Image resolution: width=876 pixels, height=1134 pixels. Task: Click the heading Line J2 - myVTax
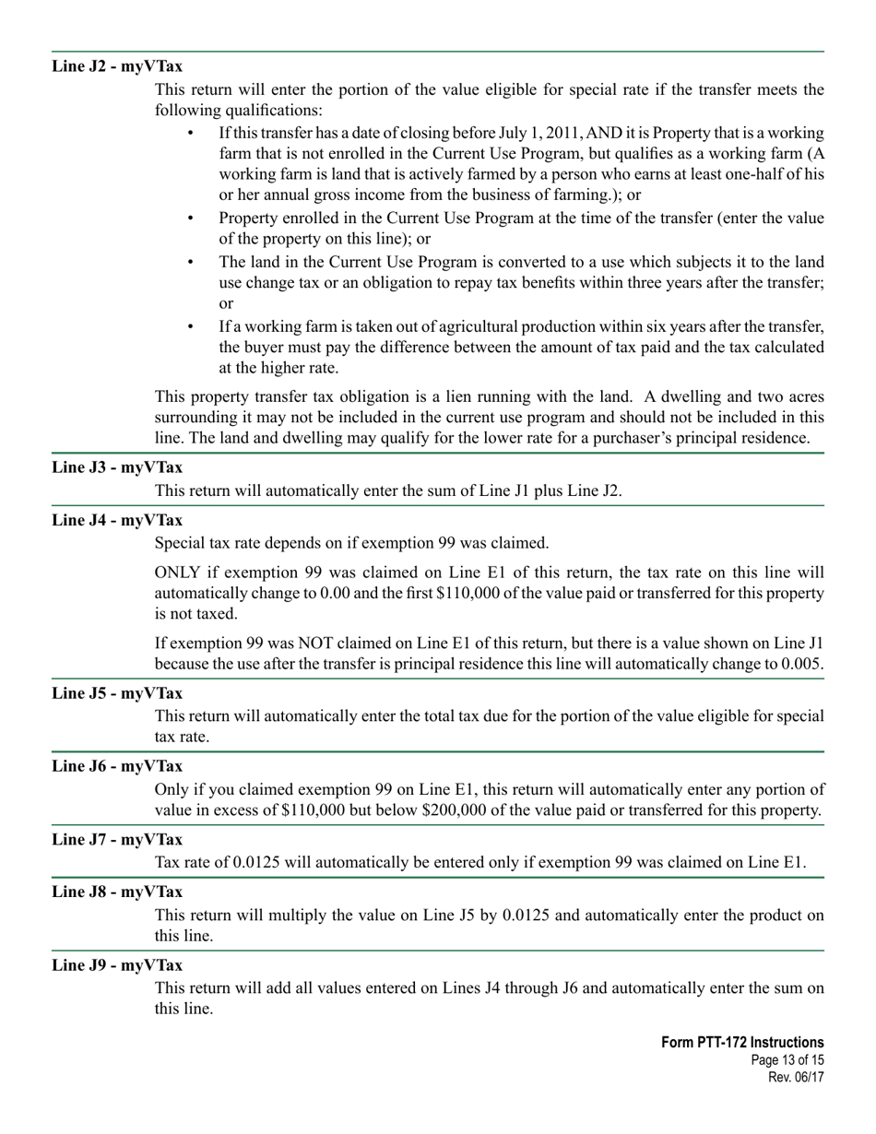pos(117,66)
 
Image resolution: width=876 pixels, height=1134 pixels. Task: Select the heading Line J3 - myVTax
pos(117,467)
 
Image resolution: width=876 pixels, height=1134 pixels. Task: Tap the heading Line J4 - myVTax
pos(117,520)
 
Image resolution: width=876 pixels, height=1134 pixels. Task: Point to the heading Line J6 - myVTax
pos(117,766)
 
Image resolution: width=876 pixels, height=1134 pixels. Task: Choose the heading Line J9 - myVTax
pos(117,965)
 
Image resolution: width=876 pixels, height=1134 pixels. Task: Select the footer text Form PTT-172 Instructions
pos(742,1043)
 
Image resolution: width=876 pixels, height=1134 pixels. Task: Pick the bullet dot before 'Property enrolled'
pos(191,219)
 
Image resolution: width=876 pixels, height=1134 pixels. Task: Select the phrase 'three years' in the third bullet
pos(592,283)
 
